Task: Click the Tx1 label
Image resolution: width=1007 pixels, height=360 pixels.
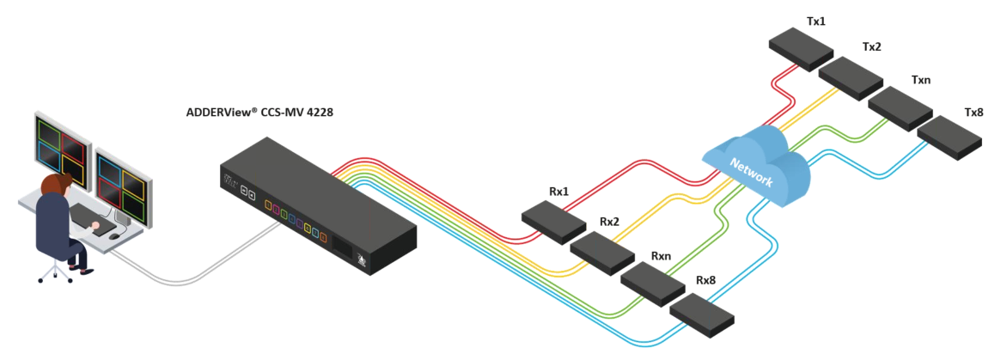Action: point(815,21)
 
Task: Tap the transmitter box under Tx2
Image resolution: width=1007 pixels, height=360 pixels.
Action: point(851,78)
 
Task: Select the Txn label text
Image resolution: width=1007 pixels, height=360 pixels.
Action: point(920,81)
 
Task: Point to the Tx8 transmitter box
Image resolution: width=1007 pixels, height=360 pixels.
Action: point(949,138)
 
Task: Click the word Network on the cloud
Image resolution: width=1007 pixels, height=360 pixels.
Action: point(752,170)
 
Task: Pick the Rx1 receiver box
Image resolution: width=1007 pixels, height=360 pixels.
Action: point(553,222)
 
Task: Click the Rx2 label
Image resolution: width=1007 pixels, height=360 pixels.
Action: point(609,222)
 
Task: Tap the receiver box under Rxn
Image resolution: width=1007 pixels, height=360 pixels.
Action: point(652,284)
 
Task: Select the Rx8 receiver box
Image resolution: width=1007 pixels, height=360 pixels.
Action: point(701,315)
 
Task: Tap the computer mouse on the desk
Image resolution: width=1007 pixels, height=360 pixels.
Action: point(114,235)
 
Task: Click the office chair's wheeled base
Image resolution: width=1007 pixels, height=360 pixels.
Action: point(55,272)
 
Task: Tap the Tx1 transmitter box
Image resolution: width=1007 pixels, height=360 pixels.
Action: point(801,52)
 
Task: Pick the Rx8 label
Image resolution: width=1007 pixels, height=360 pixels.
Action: point(706,281)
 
